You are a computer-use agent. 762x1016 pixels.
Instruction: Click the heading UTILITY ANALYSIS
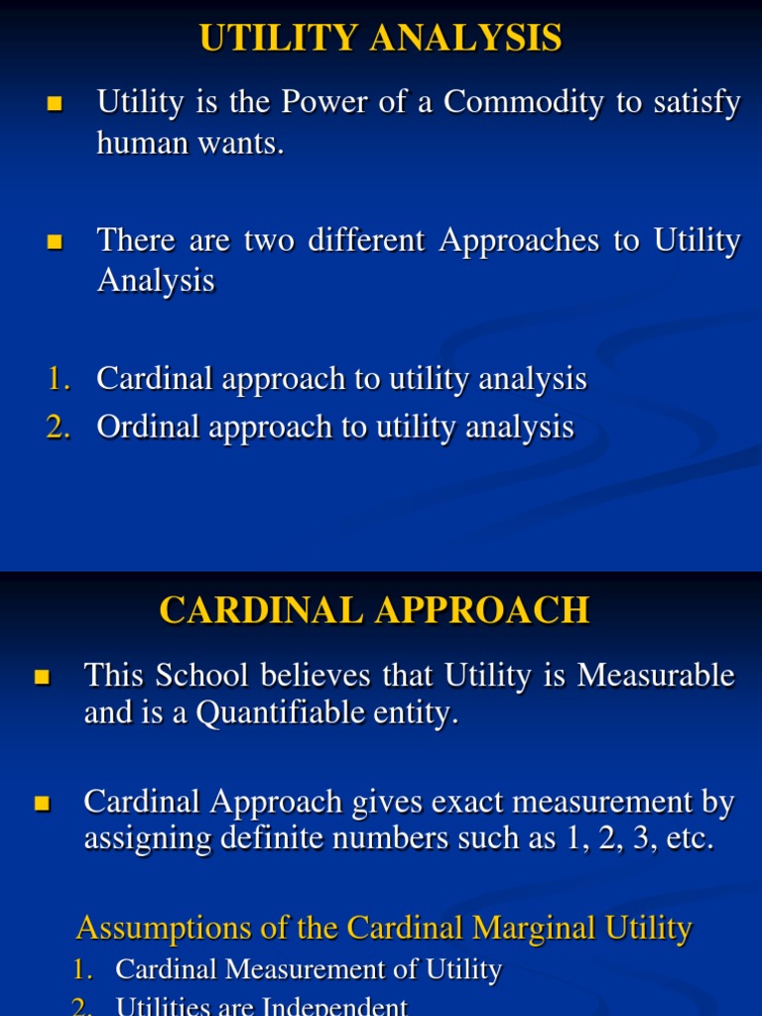click(381, 39)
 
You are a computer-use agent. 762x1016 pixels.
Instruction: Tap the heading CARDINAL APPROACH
click(374, 610)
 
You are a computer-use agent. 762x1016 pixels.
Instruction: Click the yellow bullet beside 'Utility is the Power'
click(55, 103)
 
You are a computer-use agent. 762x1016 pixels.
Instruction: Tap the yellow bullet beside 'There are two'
click(55, 241)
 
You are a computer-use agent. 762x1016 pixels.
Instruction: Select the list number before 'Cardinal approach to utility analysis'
click(59, 379)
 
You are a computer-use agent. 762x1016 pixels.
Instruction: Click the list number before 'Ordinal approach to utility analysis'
click(59, 428)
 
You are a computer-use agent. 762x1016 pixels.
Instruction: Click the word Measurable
click(657, 676)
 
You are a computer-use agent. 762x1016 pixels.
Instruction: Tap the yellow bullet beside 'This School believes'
click(42, 678)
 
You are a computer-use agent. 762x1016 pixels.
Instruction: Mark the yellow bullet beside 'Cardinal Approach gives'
click(42, 803)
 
